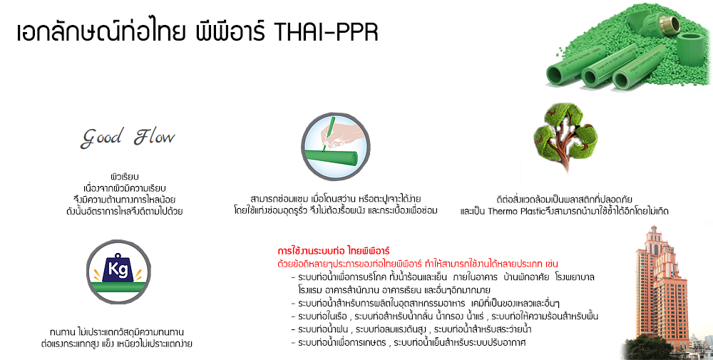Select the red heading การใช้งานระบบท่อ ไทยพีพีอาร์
click(334, 252)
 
